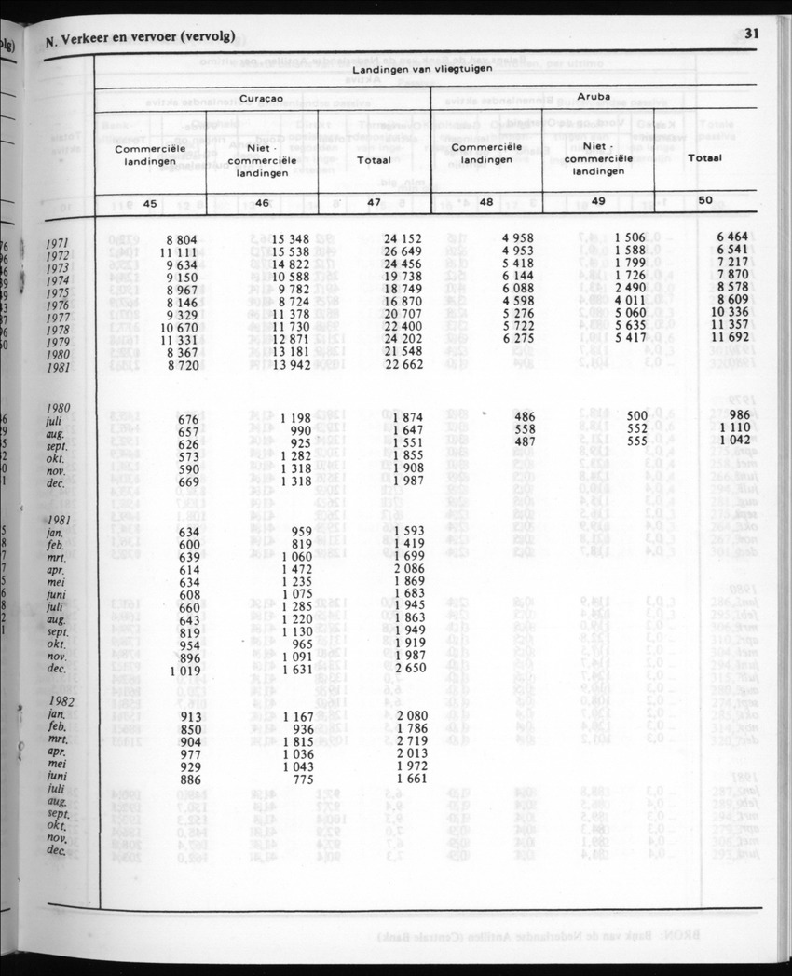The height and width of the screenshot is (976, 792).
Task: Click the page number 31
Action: pos(753,34)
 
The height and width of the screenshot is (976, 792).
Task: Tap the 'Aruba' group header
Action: pos(594,96)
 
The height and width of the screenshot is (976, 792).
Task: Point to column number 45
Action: pos(149,204)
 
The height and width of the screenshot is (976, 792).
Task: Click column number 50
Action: pos(704,200)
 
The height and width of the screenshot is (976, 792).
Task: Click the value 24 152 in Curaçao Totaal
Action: pos(403,238)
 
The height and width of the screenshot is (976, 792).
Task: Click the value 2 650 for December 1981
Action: pos(404,669)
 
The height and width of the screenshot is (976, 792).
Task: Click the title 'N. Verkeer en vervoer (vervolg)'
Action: pos(139,38)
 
